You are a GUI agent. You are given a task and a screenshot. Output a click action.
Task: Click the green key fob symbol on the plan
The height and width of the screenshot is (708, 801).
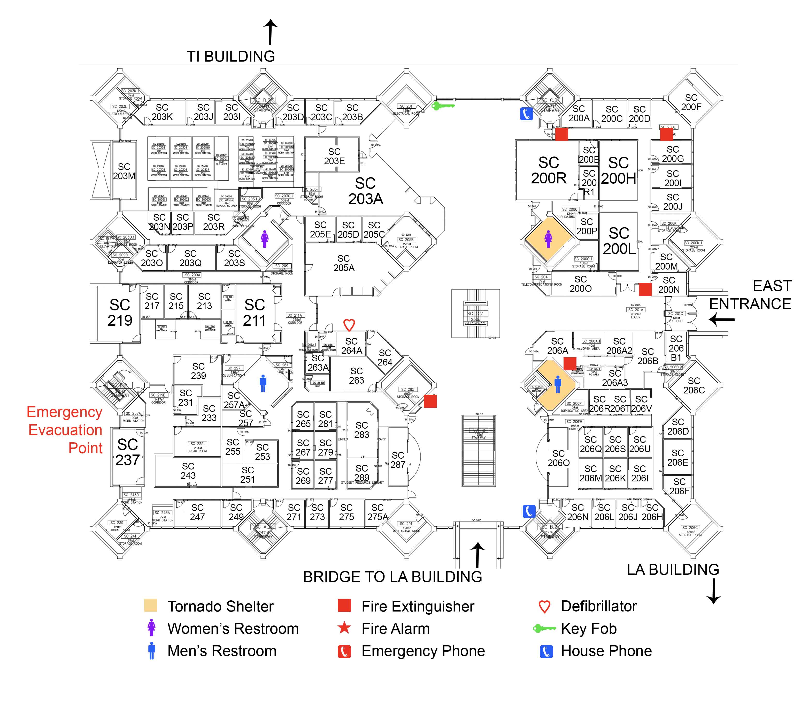pos(443,106)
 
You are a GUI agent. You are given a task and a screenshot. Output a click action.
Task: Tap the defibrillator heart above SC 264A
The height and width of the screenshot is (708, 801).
pos(349,325)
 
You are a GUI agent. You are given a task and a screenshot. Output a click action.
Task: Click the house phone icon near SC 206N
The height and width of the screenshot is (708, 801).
pos(529,511)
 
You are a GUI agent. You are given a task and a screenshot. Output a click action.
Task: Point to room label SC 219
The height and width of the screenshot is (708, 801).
pos(120,313)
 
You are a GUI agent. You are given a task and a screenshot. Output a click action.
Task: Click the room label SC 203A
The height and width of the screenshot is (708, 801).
pos(365,191)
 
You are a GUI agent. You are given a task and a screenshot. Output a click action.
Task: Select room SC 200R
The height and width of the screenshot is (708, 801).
pos(548,170)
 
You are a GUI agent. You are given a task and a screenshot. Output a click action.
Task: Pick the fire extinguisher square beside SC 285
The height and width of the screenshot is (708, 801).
pos(430,401)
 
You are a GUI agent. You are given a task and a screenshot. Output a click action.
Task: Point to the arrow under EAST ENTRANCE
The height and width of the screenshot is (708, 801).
pos(722,320)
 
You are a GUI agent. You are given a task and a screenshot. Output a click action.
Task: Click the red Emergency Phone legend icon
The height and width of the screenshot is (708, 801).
pos(344,651)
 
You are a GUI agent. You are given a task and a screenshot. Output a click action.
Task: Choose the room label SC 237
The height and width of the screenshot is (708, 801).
pos(127,452)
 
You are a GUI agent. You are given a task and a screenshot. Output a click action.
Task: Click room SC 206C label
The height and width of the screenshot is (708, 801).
pos(694,386)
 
